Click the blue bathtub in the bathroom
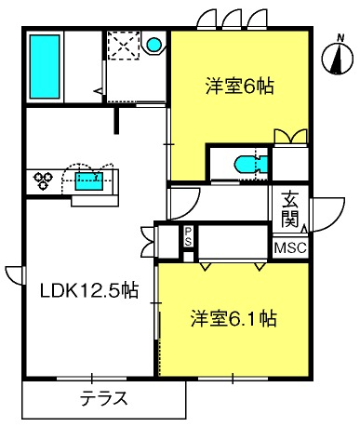click(x=45, y=67)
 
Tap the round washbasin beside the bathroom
click(x=153, y=45)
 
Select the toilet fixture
click(x=251, y=165)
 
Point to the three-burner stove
click(x=43, y=180)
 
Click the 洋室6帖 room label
click(x=240, y=87)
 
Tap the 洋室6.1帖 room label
click(x=233, y=318)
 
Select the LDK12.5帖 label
click(x=89, y=290)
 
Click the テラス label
click(x=104, y=398)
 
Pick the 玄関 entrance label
click(x=289, y=209)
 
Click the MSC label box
click(x=290, y=247)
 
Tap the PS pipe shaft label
click(x=188, y=236)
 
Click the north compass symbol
click(x=338, y=59)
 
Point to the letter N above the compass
click(x=340, y=38)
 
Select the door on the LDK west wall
click(x=15, y=275)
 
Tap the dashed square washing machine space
click(x=124, y=45)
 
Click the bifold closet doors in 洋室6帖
click(x=290, y=137)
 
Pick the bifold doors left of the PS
click(x=149, y=242)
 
